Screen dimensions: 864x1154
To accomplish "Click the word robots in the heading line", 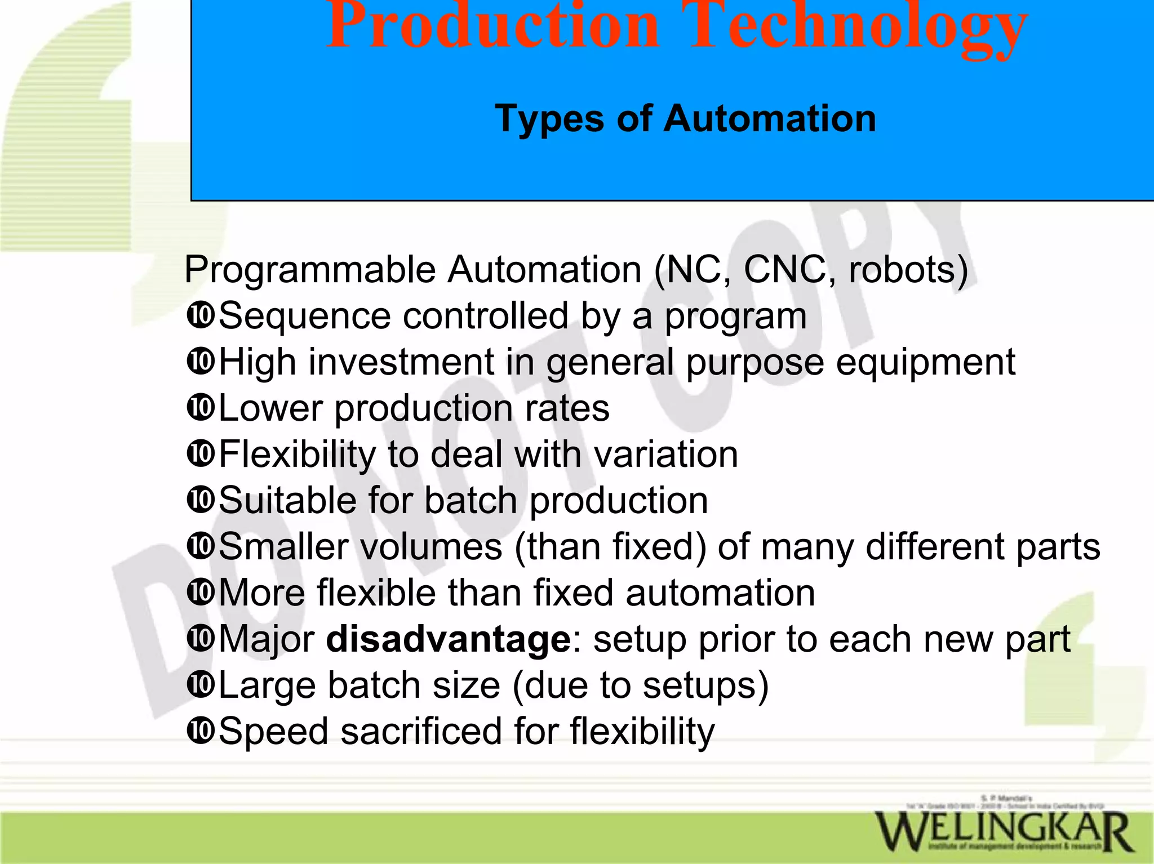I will [908, 270].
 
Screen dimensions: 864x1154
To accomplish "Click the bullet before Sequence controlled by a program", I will [200, 315].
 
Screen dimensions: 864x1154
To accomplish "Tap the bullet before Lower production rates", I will [200, 408].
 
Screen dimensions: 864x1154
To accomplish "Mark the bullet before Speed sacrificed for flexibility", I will [200, 731].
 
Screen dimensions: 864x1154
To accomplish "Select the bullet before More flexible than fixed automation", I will [200, 593].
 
